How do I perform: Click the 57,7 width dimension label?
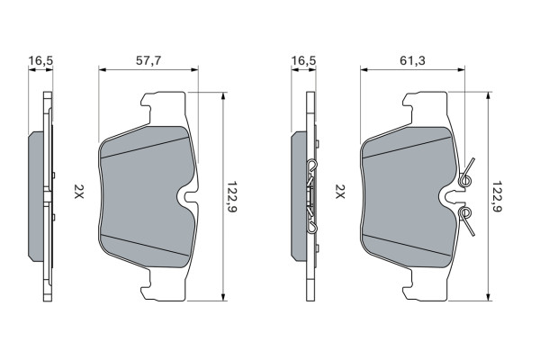(x=148, y=60)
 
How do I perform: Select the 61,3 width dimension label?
(x=412, y=60)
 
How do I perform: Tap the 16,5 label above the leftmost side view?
(x=40, y=60)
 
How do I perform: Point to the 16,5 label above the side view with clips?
(x=303, y=60)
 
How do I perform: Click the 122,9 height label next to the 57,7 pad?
(x=232, y=197)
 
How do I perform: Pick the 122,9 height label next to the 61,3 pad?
(x=496, y=197)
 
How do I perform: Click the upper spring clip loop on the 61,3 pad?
(x=465, y=180)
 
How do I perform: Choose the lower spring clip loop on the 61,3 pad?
(x=465, y=213)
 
